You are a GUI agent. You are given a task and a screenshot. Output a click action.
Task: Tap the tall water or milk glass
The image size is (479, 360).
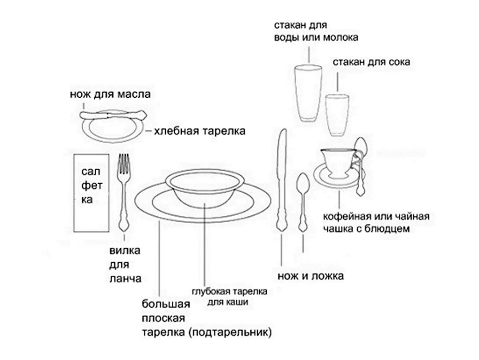pos(308,93)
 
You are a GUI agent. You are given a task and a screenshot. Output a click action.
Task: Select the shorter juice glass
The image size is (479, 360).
pos(337,115)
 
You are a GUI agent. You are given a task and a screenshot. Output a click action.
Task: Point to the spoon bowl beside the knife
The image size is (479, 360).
pos(303,184)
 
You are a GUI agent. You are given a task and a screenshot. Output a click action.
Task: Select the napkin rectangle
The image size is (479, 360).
pos(92,193)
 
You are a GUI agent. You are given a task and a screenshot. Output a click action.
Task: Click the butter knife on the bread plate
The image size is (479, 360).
pos(113,116)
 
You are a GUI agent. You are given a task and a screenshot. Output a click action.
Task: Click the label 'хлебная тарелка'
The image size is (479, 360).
pos(200,131)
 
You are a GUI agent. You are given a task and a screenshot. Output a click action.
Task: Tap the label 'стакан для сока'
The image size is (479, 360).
pos(371,62)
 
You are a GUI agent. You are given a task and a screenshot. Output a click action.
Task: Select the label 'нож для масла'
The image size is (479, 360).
pos(110,94)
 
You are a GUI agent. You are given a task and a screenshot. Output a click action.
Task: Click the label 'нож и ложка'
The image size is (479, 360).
pos(311,276)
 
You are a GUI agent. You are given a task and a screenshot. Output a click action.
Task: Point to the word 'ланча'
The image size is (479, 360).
pos(125,278)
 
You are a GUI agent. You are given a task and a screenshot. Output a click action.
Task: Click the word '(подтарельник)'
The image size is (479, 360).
pos(230,332)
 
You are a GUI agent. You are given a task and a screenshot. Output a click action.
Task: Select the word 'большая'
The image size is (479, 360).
pos(166,305)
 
